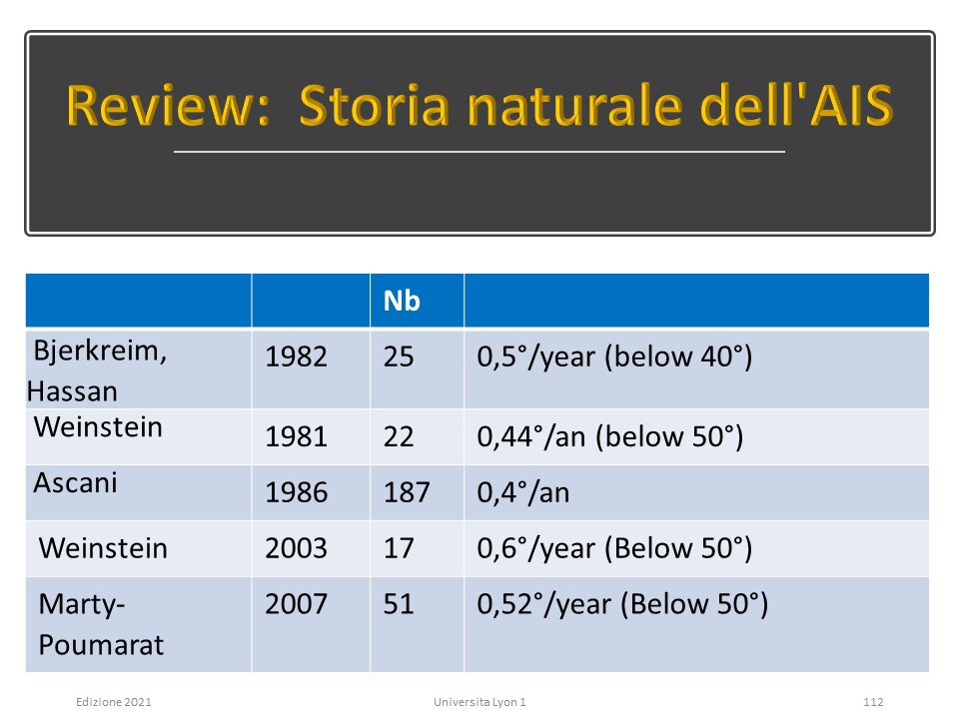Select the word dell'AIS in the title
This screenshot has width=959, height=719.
pyautogui.click(x=796, y=105)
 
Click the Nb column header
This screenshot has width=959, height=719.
pyautogui.click(x=402, y=301)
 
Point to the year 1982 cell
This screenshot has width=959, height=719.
pyautogui.click(x=296, y=357)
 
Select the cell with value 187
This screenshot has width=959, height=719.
pyautogui.click(x=407, y=492)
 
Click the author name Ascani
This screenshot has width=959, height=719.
pyautogui.click(x=75, y=483)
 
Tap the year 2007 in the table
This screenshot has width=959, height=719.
pyautogui.click(x=296, y=604)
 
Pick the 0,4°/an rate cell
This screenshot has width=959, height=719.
pyautogui.click(x=522, y=492)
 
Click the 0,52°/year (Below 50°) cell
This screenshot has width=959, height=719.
pyautogui.click(x=622, y=604)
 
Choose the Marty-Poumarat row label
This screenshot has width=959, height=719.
pyautogui.click(x=101, y=624)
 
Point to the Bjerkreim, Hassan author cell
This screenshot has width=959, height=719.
pyautogui.click(x=97, y=370)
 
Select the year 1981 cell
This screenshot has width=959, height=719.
pyautogui.click(x=296, y=436)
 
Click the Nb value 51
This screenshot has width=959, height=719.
pyautogui.click(x=399, y=604)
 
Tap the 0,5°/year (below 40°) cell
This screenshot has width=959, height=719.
pyautogui.click(x=614, y=357)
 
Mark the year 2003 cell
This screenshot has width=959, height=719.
pyautogui.click(x=296, y=548)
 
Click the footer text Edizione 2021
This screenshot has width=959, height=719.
pyautogui.click(x=114, y=702)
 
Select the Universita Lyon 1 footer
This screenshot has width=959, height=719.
pyautogui.click(x=479, y=702)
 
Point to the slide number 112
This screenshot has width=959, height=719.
pyautogui.click(x=873, y=702)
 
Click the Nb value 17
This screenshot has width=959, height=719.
pyautogui.click(x=399, y=548)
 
